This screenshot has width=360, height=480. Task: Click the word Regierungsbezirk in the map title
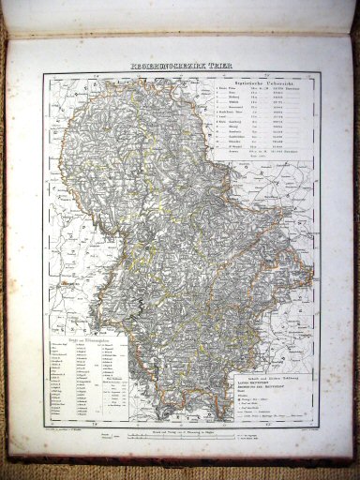[157, 67]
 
